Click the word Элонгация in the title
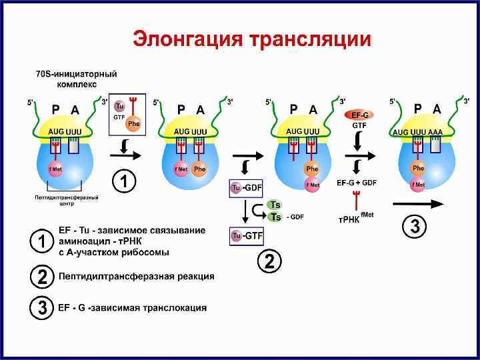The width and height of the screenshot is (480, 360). click(187, 39)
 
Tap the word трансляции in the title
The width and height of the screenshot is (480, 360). click(310, 39)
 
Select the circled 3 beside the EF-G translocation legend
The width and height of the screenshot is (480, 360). click(42, 308)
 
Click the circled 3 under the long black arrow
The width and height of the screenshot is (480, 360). click(414, 227)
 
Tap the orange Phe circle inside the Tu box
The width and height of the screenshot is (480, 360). click(134, 124)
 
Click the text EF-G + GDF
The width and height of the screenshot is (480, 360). click(357, 182)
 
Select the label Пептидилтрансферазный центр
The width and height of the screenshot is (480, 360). click(66, 200)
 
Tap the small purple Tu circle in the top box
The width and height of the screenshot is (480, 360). click(120, 107)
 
